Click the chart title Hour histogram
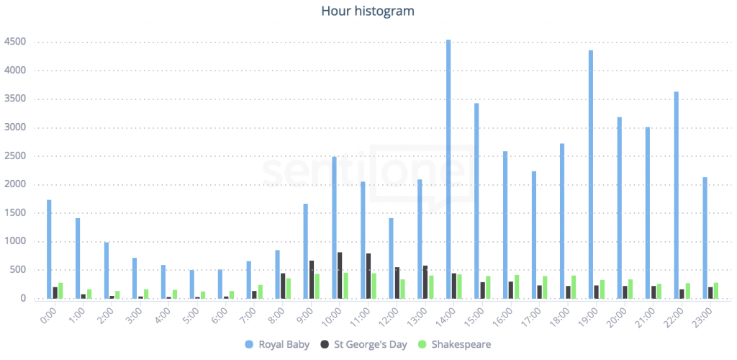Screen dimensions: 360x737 click(368, 11)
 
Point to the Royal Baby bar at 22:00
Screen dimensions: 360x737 click(677, 195)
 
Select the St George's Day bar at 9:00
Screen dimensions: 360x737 click(312, 280)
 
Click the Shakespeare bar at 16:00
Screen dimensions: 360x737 click(517, 287)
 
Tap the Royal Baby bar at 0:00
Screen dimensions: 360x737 click(49, 249)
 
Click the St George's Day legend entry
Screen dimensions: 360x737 click(363, 344)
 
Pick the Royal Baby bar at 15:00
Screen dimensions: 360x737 click(476, 201)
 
